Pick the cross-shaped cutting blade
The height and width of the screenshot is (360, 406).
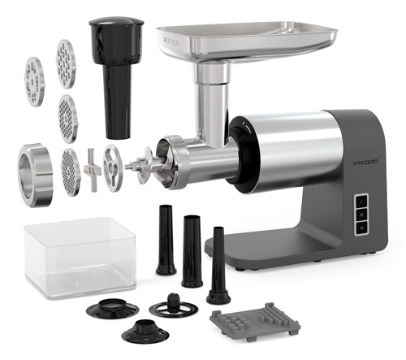click(91, 169)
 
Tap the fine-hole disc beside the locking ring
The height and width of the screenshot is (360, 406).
click(70, 172)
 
